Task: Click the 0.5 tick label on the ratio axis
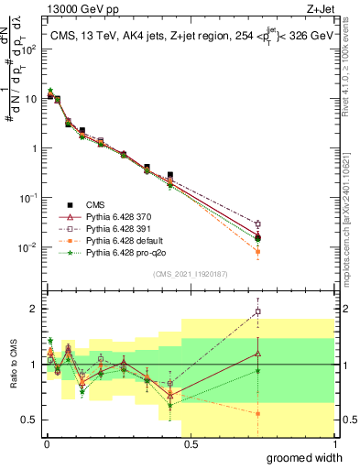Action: click(27, 420)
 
